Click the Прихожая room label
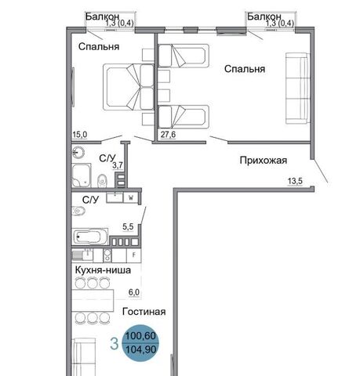click(264, 160)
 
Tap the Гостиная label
click(144, 312)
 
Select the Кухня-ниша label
click(103, 269)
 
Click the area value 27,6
click(168, 135)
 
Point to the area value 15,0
click(80, 135)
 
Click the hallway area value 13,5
click(295, 181)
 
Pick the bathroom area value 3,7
click(118, 165)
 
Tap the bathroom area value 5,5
click(128, 226)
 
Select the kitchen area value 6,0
click(134, 292)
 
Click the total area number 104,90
click(141, 349)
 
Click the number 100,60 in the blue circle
click(141, 336)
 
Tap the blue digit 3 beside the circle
click(115, 344)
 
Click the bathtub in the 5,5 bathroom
click(89, 237)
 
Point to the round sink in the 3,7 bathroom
click(78, 152)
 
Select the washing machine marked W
click(131, 198)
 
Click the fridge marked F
click(134, 255)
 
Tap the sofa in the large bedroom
click(297, 89)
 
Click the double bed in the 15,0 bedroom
click(128, 87)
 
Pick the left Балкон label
click(102, 16)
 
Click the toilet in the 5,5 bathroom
click(78, 211)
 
